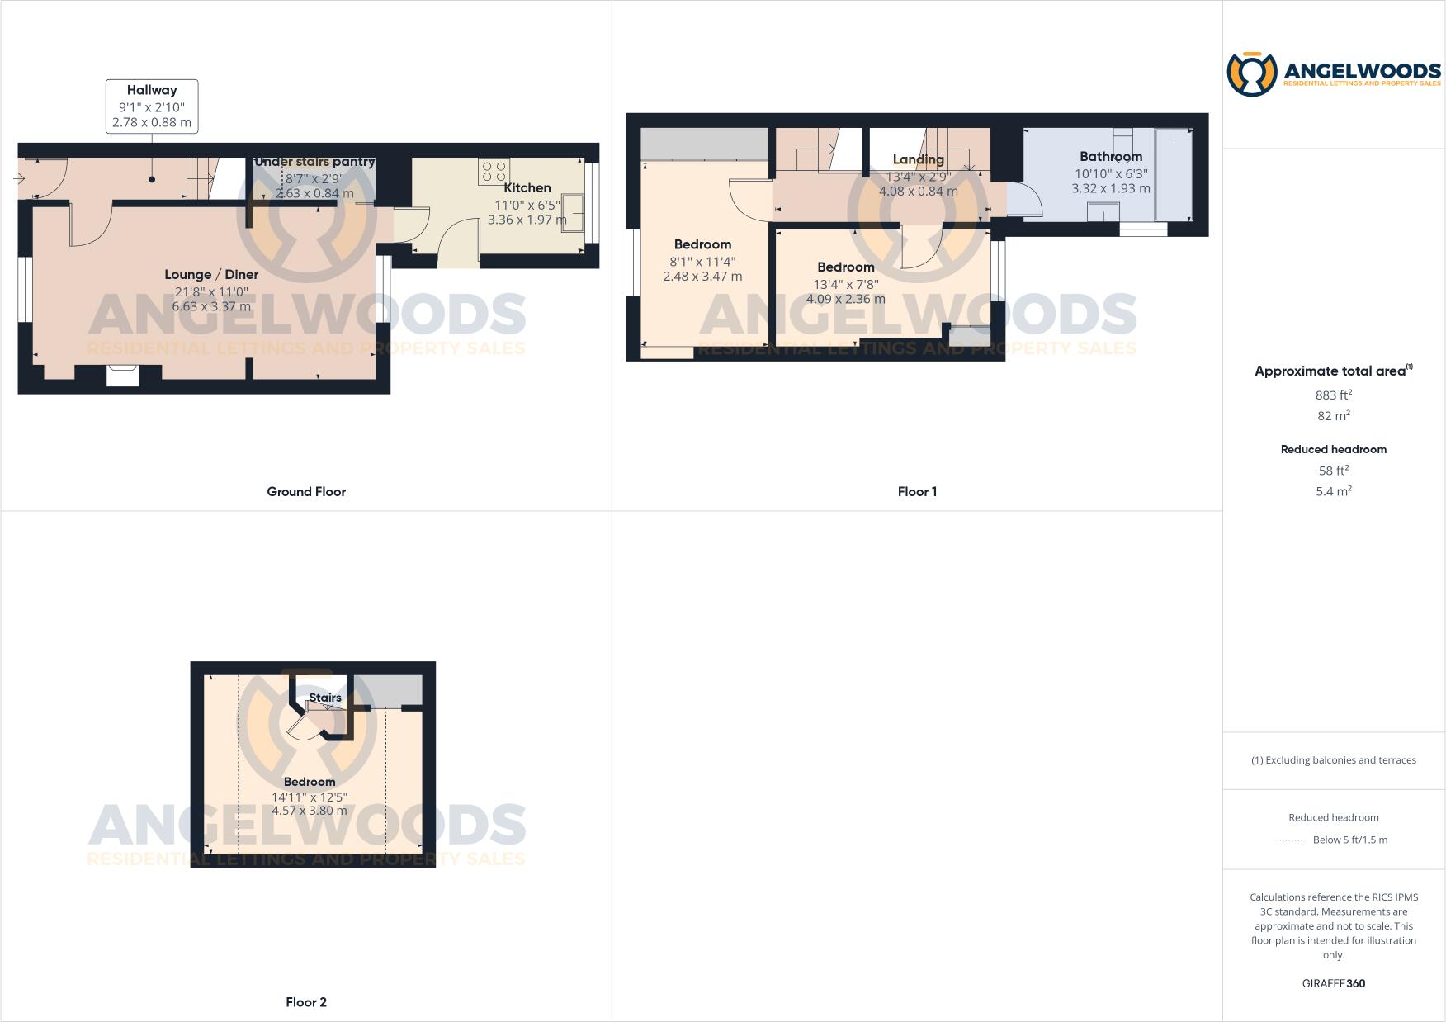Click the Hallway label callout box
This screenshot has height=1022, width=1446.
tap(152, 106)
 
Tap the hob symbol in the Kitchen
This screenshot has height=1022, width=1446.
tap(494, 172)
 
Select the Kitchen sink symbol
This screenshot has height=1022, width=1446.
tap(574, 212)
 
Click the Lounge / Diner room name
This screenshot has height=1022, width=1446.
tap(211, 275)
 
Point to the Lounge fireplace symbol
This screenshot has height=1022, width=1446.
tap(123, 376)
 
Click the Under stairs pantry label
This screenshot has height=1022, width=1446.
tap(314, 162)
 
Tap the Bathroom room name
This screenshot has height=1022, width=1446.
tap(1111, 157)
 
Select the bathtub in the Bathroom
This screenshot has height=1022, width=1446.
tap(1174, 173)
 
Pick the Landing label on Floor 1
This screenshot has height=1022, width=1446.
tap(918, 159)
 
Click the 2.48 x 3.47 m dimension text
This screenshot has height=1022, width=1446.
tap(702, 277)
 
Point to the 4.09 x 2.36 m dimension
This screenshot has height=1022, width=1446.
tap(845, 299)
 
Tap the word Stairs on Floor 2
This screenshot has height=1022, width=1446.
tap(325, 698)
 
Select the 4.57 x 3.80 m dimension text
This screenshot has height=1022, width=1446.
tap(310, 811)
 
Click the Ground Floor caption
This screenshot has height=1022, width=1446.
tap(306, 492)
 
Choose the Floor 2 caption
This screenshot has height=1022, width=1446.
tap(306, 1002)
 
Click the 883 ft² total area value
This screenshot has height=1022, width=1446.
tap(1334, 395)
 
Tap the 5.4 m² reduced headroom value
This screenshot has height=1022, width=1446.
tap(1334, 491)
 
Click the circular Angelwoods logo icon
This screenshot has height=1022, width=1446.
tap(1251, 74)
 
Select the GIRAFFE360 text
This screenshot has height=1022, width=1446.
tap(1334, 983)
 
